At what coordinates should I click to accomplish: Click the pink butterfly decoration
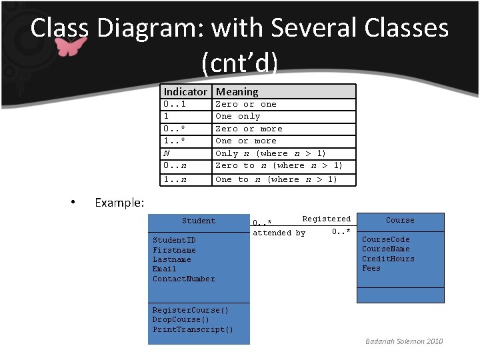pos(70,46)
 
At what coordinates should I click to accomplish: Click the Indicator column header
pos(185,92)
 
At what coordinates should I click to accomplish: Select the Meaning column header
pos(237,92)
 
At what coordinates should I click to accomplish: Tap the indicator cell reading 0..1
pos(175,105)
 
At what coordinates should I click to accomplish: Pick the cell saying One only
pos(237,117)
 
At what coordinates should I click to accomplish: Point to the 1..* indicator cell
pos(175,141)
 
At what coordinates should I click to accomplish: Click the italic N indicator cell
pos(166,153)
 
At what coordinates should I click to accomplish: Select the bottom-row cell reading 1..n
pos(175,179)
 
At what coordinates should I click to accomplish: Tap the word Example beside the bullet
pos(119,202)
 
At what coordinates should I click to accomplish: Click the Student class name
pos(199,221)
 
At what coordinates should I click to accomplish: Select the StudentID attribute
pos(174,240)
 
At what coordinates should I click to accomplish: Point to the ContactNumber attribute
pos(183,279)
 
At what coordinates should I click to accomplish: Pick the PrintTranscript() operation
pos(193,329)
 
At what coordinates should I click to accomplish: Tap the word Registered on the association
pos(326,219)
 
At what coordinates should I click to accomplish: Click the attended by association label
pos(279,233)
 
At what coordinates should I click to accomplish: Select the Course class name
pos(400,220)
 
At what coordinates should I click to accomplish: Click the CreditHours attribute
pos(388,259)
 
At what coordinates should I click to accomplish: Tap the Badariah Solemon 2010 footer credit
pos(403,341)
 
